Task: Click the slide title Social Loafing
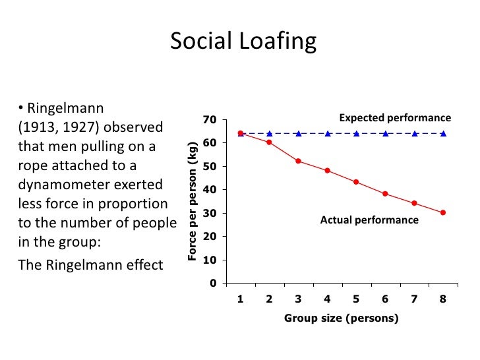click(243, 42)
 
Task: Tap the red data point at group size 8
click(443, 212)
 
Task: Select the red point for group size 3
click(298, 161)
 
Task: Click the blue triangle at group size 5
click(356, 133)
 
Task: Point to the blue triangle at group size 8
click(443, 133)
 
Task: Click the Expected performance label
click(395, 118)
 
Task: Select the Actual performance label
click(369, 220)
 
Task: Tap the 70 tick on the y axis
click(210, 119)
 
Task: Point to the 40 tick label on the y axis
click(210, 190)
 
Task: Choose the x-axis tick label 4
click(327, 299)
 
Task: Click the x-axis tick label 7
click(414, 299)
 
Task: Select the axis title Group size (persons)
click(342, 318)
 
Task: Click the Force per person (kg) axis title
click(193, 200)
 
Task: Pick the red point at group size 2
click(269, 142)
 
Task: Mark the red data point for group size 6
click(385, 194)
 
